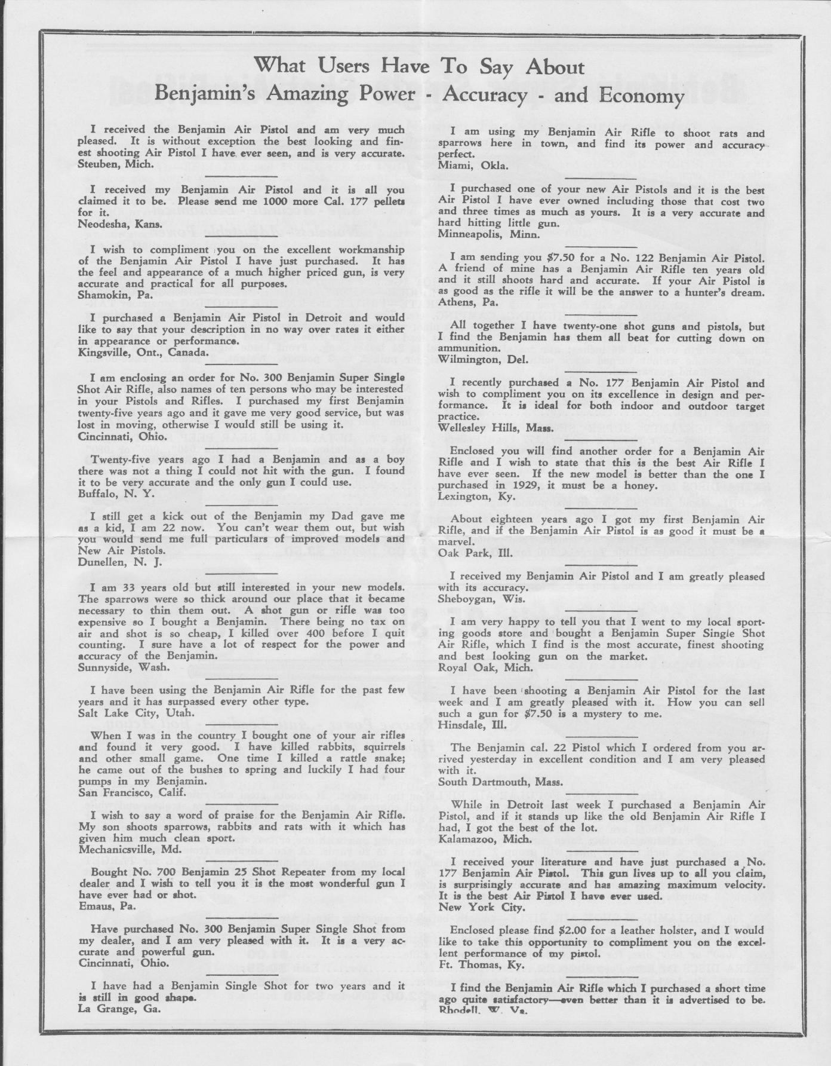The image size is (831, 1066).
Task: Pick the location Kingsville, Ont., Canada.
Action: pyautogui.click(x=143, y=352)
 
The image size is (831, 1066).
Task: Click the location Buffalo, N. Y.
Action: pyautogui.click(x=116, y=494)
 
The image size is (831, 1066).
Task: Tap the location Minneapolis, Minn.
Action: pyautogui.click(x=488, y=234)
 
